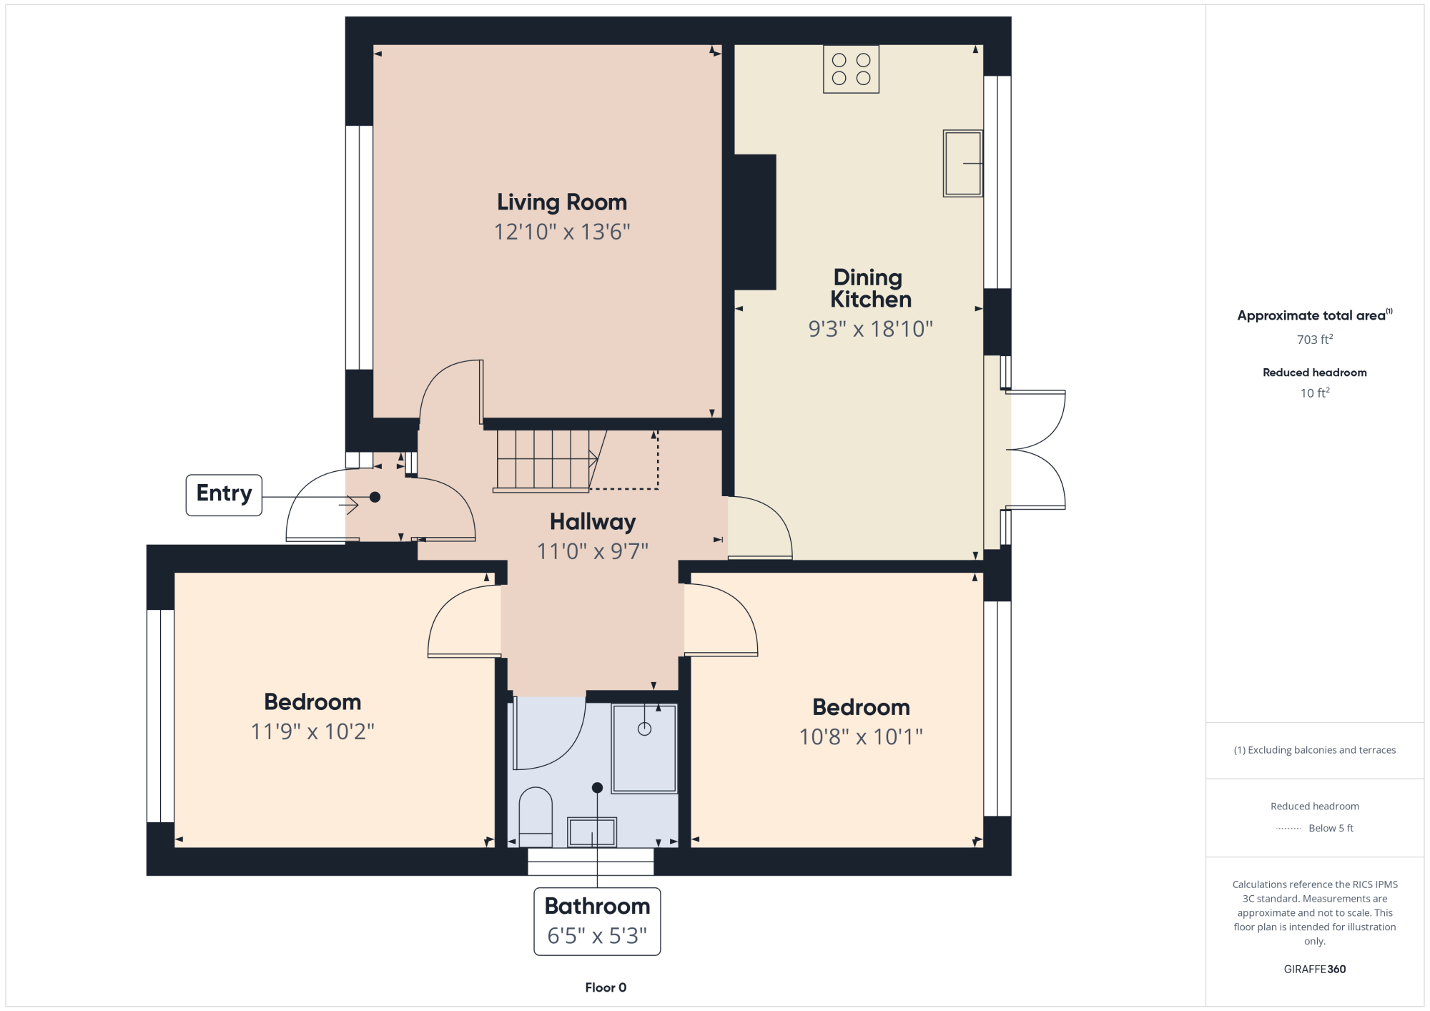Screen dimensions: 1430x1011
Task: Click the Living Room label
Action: (x=562, y=202)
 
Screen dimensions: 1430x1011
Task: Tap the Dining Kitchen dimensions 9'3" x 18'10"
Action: (x=871, y=329)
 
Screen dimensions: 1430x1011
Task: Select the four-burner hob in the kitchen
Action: (x=851, y=69)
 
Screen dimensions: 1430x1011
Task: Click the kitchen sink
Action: (x=962, y=163)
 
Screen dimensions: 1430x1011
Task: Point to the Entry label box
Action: (x=224, y=495)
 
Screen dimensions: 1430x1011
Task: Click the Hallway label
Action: (x=593, y=522)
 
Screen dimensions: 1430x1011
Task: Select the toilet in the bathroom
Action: (x=535, y=817)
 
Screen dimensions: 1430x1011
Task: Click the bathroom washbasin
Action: (x=592, y=832)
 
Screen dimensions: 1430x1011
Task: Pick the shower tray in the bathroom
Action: (x=644, y=749)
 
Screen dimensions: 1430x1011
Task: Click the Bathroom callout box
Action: (x=597, y=922)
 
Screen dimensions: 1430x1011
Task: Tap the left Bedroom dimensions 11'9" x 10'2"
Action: (x=312, y=731)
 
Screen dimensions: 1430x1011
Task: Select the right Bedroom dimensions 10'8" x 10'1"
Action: (x=861, y=736)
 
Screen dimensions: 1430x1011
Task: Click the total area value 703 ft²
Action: (x=1315, y=339)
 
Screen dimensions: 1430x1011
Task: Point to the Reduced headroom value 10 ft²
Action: (x=1315, y=393)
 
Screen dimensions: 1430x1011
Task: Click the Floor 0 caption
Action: (x=606, y=987)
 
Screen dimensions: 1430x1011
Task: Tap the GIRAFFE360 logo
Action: (x=1315, y=970)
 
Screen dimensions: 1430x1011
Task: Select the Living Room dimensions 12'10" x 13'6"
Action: (x=562, y=232)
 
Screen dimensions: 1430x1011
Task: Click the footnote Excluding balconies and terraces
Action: (x=1315, y=750)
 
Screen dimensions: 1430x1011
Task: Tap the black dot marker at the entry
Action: (x=375, y=497)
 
